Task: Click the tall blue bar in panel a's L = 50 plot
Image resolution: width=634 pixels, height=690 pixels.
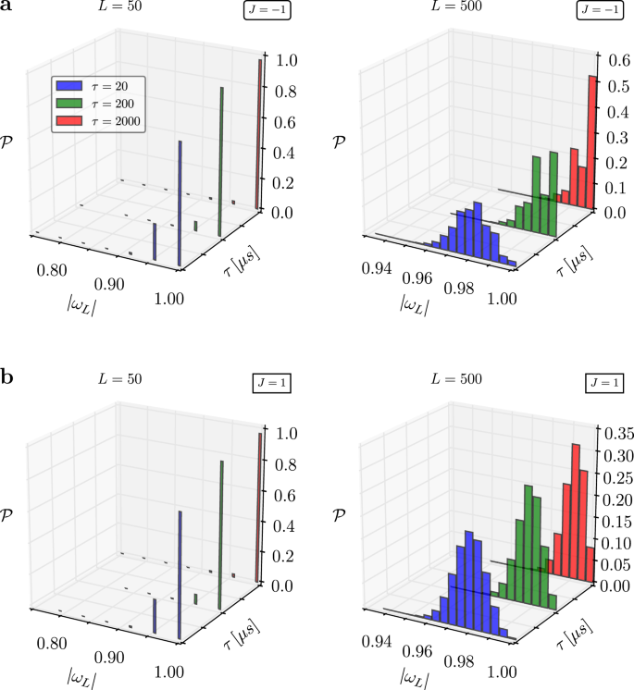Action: click(180, 203)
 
